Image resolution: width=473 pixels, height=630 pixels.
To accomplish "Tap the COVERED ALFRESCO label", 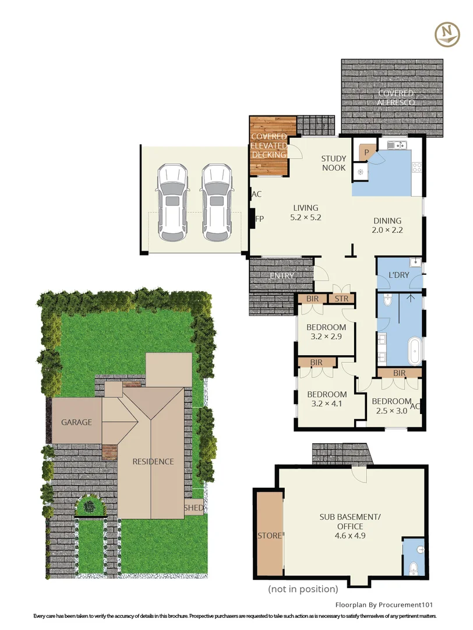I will tap(396, 97).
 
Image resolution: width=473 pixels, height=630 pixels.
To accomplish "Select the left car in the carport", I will tap(172, 202).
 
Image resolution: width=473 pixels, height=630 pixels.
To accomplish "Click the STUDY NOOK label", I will tap(334, 163).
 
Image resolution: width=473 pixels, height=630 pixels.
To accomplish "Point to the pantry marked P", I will tap(366, 152).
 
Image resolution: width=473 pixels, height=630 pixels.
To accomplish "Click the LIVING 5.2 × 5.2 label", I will tap(306, 212).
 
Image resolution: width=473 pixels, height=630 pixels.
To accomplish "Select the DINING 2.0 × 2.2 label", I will tap(387, 225).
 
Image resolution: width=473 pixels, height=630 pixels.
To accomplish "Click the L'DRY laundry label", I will tap(398, 275).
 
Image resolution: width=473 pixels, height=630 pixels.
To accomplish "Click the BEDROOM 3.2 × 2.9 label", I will tap(326, 332).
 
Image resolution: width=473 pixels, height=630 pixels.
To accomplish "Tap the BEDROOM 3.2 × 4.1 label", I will tap(326, 399).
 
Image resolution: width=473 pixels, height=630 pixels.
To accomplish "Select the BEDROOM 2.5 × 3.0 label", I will tap(391, 406).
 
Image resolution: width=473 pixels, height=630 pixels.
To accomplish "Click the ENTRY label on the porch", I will tap(282, 276).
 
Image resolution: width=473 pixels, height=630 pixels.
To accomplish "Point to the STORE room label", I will tap(269, 534).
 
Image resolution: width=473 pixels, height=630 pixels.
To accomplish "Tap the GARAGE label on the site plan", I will tap(77, 422).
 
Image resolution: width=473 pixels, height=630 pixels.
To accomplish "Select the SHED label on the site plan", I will tap(195, 508).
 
